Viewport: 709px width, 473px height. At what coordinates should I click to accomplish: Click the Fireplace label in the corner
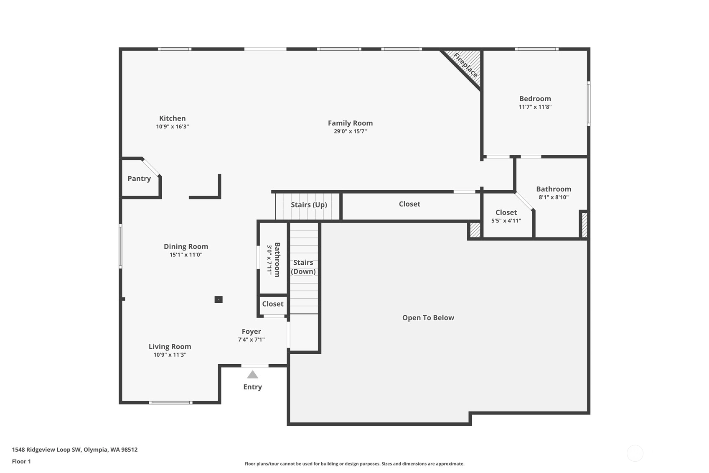pyautogui.click(x=465, y=65)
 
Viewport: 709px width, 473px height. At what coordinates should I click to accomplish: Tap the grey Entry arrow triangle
pyautogui.click(x=252, y=375)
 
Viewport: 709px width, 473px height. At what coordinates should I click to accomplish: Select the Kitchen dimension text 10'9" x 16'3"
pyautogui.click(x=172, y=126)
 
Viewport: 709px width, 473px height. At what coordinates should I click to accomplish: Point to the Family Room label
pyautogui.click(x=350, y=123)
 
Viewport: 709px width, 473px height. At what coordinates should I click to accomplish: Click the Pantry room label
pyautogui.click(x=139, y=179)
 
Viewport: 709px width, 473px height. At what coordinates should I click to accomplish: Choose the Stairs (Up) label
pyautogui.click(x=309, y=205)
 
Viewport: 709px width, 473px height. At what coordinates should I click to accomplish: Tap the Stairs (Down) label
pyautogui.click(x=303, y=267)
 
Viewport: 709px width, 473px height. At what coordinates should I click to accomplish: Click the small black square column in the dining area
pyautogui.click(x=219, y=299)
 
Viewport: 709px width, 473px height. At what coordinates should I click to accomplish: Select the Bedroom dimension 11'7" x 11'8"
pyautogui.click(x=535, y=107)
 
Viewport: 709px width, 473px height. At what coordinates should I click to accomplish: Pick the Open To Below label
pyautogui.click(x=428, y=318)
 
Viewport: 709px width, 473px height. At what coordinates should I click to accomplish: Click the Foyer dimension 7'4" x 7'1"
pyautogui.click(x=252, y=340)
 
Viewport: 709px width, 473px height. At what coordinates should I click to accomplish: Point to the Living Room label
pyautogui.click(x=170, y=347)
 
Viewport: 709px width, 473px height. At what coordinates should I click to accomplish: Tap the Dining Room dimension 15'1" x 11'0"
pyautogui.click(x=186, y=255)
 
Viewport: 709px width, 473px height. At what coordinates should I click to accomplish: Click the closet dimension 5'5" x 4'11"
pyautogui.click(x=506, y=221)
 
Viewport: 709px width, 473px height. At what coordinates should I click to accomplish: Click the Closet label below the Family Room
pyautogui.click(x=409, y=204)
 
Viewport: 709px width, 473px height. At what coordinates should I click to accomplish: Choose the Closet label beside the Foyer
pyautogui.click(x=272, y=304)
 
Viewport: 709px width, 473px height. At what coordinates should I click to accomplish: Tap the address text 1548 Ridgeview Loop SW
pyautogui.click(x=47, y=450)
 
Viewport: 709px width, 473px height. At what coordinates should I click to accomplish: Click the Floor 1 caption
pyautogui.click(x=21, y=461)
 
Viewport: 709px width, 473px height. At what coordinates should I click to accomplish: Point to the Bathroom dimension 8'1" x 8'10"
pyautogui.click(x=554, y=197)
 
